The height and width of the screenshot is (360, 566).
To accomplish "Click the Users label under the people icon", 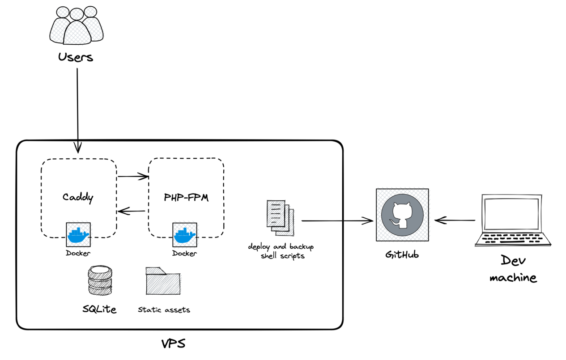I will (x=75, y=57).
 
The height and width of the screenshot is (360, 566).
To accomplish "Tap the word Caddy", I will (x=78, y=197).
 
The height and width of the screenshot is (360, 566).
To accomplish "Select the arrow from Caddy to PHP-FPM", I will (x=132, y=177).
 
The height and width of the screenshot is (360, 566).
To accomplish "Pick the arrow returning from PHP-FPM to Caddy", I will (x=131, y=211).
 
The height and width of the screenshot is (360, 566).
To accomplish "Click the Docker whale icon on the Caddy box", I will (x=78, y=234).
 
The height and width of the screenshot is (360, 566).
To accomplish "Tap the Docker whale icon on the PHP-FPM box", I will (x=185, y=235).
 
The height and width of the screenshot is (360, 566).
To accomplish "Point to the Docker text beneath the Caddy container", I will (x=78, y=253).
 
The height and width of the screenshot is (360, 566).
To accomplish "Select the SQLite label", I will (x=99, y=309).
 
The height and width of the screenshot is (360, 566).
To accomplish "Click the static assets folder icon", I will (x=163, y=281).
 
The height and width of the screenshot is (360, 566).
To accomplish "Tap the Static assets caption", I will (x=164, y=309).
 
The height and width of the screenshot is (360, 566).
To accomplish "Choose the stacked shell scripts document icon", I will (x=280, y=217).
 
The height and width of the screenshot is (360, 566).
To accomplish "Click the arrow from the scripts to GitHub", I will (x=337, y=220).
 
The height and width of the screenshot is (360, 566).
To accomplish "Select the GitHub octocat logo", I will (x=402, y=214).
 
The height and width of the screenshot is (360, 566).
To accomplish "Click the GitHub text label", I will (x=402, y=255).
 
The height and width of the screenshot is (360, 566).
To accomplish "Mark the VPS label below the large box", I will (x=173, y=343).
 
